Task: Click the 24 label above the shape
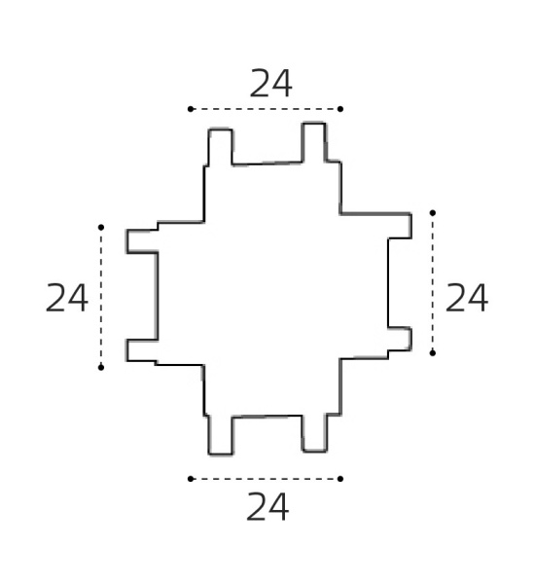[270, 84]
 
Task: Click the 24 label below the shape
[267, 506]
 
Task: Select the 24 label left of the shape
[67, 298]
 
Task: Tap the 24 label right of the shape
[466, 298]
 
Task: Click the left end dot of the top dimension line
[191, 109]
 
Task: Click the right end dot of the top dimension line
[340, 109]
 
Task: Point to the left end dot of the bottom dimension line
[191, 479]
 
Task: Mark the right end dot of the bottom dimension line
[340, 479]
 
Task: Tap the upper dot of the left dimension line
[101, 227]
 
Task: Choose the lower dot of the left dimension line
[101, 368]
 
